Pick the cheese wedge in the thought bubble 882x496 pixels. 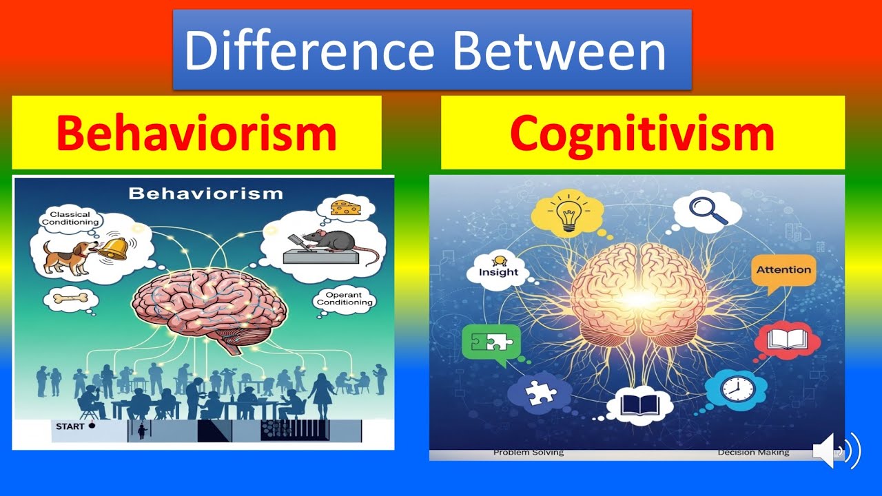tap(345, 206)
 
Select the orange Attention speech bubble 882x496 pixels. tap(783, 270)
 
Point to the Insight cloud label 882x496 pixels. tap(498, 271)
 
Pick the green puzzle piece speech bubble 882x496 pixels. tap(491, 342)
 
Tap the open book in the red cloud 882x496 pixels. tap(787, 340)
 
